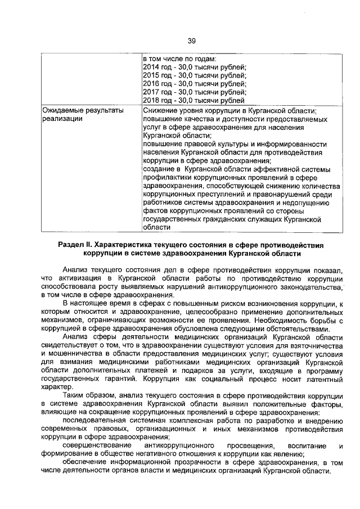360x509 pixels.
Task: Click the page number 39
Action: [191, 40]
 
